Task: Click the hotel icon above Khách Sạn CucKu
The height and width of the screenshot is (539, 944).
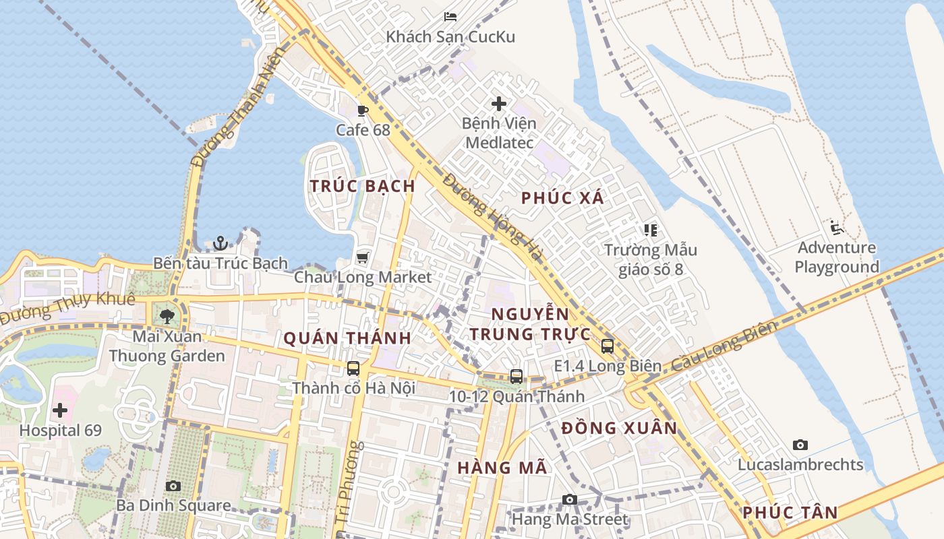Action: tap(450, 17)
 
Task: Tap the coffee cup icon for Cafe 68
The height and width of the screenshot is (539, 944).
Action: tap(363, 110)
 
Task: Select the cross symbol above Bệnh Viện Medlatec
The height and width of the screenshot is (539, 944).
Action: tap(499, 104)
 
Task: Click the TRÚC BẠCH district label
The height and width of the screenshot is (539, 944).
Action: tap(362, 186)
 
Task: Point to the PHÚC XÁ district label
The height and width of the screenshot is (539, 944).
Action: tap(563, 198)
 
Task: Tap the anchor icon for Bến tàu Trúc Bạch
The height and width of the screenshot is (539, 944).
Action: tap(220, 243)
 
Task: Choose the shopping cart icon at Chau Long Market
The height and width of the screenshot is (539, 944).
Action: tap(362, 257)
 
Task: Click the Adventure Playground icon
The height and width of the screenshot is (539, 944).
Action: tap(837, 228)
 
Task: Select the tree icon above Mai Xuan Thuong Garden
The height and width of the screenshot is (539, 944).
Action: tap(167, 315)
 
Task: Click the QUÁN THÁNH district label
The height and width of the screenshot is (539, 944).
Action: tap(347, 338)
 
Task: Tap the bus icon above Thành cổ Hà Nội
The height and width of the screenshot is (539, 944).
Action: tap(353, 369)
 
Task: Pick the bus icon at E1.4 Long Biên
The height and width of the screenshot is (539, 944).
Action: tap(608, 346)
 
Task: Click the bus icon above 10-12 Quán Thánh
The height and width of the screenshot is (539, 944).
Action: tap(517, 377)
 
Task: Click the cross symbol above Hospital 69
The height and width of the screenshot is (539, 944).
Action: tap(60, 410)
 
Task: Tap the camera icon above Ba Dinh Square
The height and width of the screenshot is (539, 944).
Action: tap(173, 486)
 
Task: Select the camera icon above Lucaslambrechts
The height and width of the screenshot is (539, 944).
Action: tap(800, 445)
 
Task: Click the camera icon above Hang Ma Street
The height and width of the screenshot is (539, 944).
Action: tap(570, 499)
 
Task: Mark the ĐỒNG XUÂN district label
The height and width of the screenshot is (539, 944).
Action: tap(619, 428)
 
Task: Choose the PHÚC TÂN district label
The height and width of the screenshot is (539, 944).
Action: tap(790, 513)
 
